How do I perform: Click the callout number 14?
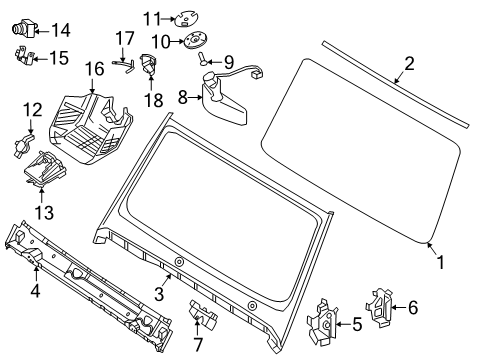click(61, 30)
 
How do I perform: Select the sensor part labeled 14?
click(24, 28)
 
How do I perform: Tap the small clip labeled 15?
click(24, 56)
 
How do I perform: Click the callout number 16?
click(94, 69)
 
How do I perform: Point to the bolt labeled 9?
click(203, 59)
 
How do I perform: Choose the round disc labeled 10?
click(195, 41)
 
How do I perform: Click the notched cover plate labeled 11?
click(186, 19)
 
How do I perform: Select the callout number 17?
click(125, 38)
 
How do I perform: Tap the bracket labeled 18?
click(148, 65)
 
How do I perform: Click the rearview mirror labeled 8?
click(222, 100)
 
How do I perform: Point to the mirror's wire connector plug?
click(257, 73)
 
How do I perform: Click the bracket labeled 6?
click(379, 307)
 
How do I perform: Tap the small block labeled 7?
click(203, 314)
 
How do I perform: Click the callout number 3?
click(159, 294)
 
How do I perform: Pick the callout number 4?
click(35, 291)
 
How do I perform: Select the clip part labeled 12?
click(23, 144)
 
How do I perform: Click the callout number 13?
click(44, 212)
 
